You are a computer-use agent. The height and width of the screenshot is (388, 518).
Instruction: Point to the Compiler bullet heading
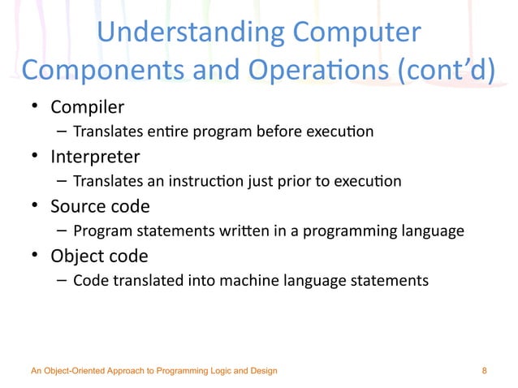coord(87,107)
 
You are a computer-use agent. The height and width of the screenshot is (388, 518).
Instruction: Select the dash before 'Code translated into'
coord(62,281)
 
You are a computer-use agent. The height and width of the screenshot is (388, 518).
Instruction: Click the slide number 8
coord(485,371)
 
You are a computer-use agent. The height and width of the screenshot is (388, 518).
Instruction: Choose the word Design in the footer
coord(262,371)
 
